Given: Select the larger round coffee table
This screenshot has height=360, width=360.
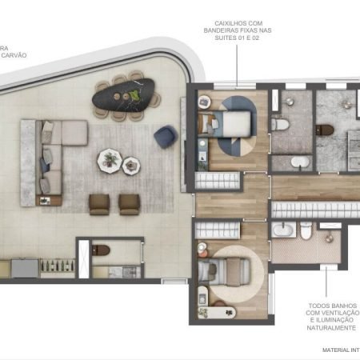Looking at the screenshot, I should [110, 160].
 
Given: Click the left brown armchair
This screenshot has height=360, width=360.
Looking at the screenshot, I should [100, 203].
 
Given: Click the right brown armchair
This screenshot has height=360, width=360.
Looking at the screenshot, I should [129, 203].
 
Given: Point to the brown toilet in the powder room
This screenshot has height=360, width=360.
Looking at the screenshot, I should [101, 250].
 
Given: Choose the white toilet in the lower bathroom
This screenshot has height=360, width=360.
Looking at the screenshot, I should [306, 231].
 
